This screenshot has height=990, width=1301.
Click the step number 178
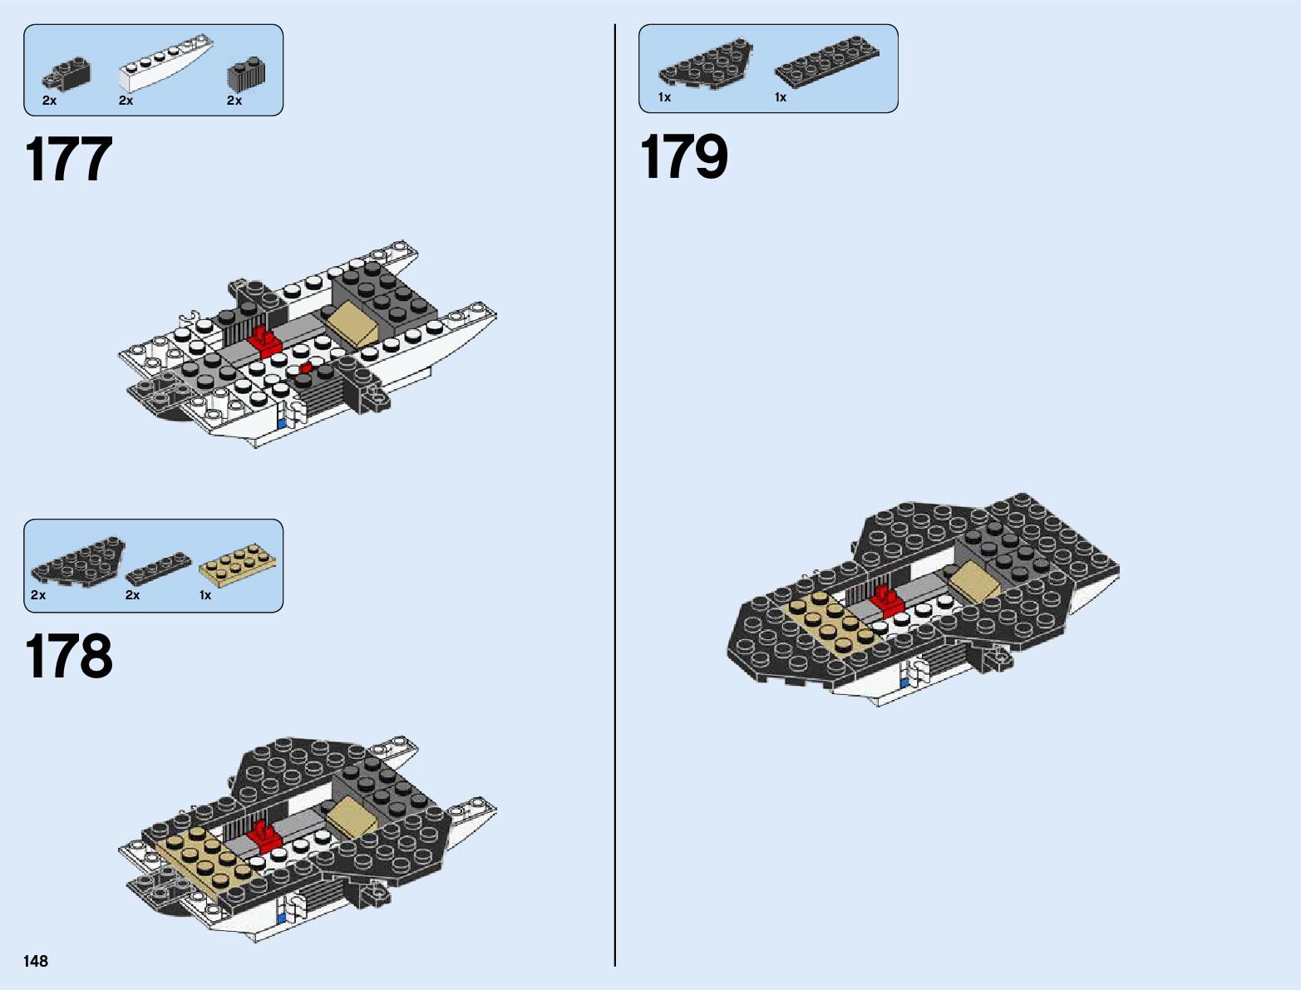click(69, 657)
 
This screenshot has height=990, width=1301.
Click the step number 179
click(683, 156)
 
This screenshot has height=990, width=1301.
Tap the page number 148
click(36, 961)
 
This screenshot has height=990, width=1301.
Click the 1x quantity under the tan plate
click(205, 595)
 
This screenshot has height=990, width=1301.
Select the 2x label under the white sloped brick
click(126, 101)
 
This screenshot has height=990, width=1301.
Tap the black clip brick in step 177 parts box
click(66, 74)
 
